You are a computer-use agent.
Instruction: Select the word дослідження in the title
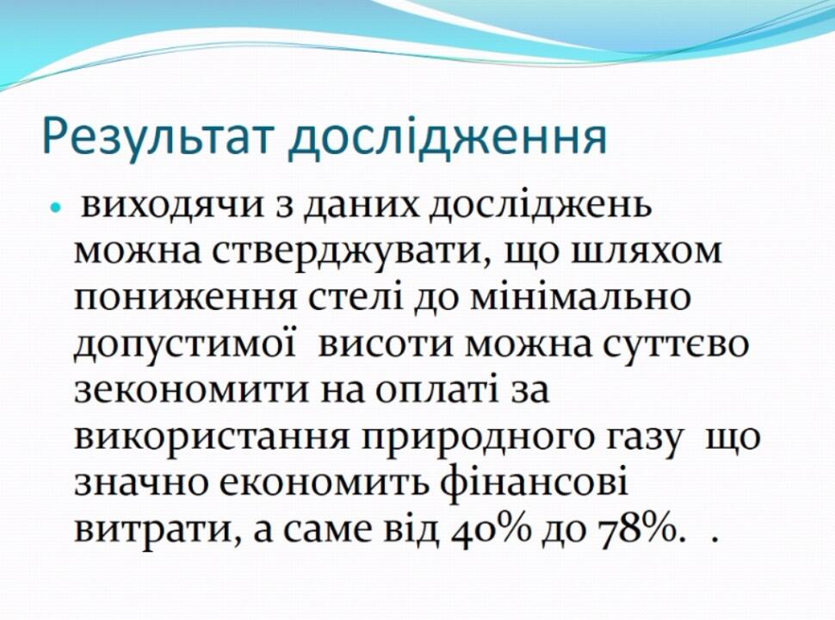[x=448, y=135]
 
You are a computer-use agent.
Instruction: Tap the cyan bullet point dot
[x=55, y=208]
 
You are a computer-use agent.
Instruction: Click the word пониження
[x=184, y=299]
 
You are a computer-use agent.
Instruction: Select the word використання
[x=212, y=437]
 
